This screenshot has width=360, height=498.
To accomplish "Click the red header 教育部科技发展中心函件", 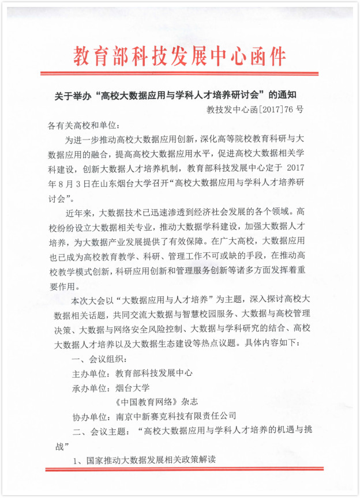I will click(179, 55).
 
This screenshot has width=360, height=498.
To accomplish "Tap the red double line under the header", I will click(179, 74).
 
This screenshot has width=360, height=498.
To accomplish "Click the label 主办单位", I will click(89, 373).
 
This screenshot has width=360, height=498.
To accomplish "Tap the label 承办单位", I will click(89, 387).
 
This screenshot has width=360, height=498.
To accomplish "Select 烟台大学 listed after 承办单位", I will click(133, 387).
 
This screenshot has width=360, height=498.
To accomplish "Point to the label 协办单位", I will click(89, 416).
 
